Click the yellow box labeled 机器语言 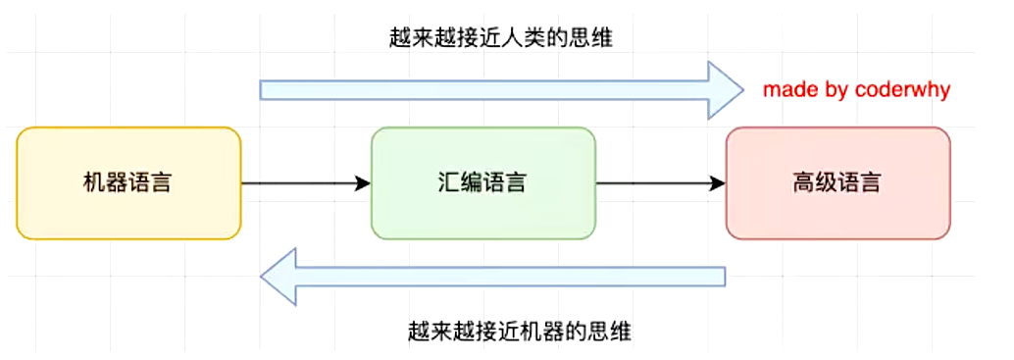[128, 182]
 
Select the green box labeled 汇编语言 [482, 182]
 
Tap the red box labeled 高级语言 [837, 182]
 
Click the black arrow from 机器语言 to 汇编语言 [304, 182]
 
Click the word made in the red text [786, 90]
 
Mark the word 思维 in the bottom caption [611, 331]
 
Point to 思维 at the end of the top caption [605, 37]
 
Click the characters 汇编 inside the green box [460, 182]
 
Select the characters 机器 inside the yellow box [105, 182]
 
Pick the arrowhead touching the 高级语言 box [719, 182]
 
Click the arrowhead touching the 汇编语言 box [364, 182]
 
